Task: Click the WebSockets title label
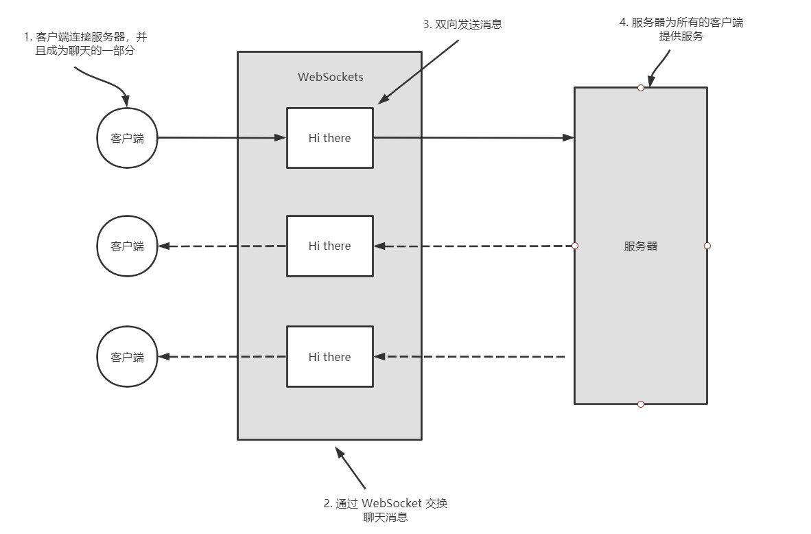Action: click(x=331, y=77)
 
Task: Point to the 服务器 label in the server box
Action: click(x=640, y=246)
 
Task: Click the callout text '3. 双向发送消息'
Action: click(x=463, y=24)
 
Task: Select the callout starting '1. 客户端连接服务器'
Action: click(x=85, y=43)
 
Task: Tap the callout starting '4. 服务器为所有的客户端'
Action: click(x=681, y=29)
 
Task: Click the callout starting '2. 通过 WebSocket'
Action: click(x=386, y=510)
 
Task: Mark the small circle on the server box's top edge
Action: click(x=641, y=88)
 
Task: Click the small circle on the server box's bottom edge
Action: click(x=641, y=404)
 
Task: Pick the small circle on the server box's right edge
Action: click(x=707, y=246)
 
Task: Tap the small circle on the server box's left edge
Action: click(x=575, y=246)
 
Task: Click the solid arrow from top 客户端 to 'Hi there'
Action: click(x=222, y=138)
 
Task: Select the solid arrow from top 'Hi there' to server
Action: click(x=474, y=138)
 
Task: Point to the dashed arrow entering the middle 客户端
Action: click(x=222, y=246)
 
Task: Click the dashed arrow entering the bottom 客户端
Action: click(x=222, y=356)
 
